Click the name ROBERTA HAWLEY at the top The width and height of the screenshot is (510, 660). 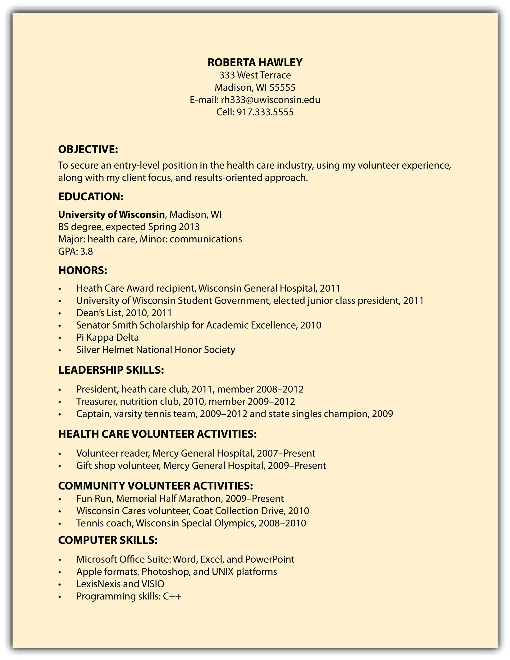click(x=255, y=62)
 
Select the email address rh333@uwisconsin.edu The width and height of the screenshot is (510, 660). click(x=271, y=100)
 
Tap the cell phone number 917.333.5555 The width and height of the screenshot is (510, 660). click(x=265, y=112)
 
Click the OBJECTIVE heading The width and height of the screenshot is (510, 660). click(x=88, y=149)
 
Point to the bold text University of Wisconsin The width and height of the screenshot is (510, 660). click(x=111, y=214)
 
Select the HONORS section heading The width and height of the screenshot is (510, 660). click(x=82, y=270)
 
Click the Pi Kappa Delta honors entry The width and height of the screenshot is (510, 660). click(x=107, y=337)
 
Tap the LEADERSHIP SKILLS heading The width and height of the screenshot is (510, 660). click(x=111, y=370)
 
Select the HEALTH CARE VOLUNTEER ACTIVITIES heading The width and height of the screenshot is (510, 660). click(x=157, y=434)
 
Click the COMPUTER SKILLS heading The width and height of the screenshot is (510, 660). click(x=108, y=540)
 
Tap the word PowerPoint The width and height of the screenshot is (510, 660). click(x=270, y=559)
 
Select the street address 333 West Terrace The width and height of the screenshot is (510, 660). click(x=255, y=75)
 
